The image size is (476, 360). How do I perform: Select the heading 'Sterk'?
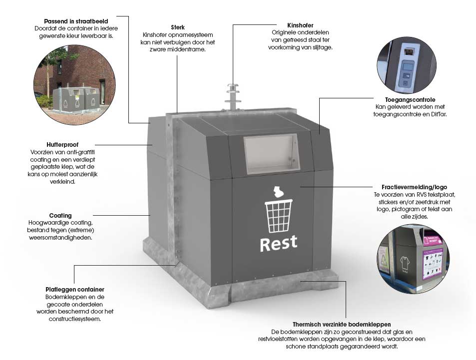pos(177,27)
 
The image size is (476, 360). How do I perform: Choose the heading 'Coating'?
pos(60,216)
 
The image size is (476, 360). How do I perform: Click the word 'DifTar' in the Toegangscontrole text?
pos(437,114)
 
